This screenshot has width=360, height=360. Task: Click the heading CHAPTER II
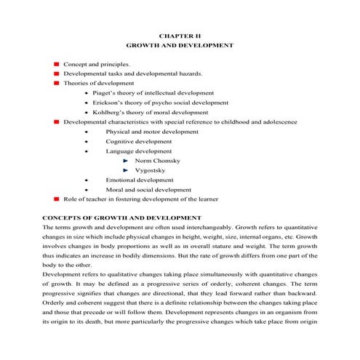click(x=179, y=34)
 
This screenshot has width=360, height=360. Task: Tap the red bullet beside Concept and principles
click(x=55, y=64)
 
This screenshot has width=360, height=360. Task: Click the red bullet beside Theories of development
click(x=55, y=84)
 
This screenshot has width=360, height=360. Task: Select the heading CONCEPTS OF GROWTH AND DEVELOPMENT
click(x=121, y=217)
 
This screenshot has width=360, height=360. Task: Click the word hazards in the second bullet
click(x=171, y=73)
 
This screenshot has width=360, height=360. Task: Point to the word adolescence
click(x=276, y=122)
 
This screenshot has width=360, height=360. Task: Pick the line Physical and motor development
click(x=151, y=132)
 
